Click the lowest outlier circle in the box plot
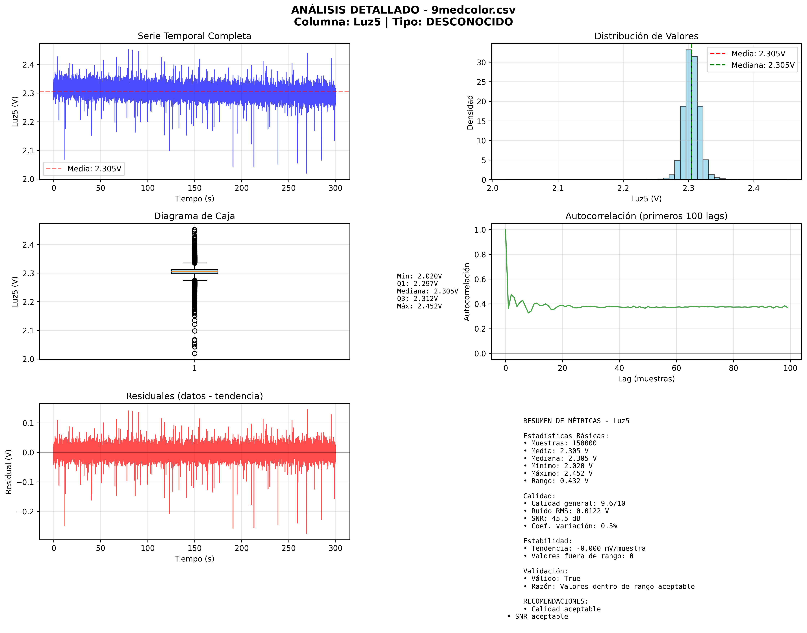click(194, 354)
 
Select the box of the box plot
click(194, 272)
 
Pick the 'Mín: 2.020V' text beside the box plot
click(419, 276)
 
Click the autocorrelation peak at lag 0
click(505, 230)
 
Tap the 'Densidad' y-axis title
click(470, 112)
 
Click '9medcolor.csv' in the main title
click(473, 10)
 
